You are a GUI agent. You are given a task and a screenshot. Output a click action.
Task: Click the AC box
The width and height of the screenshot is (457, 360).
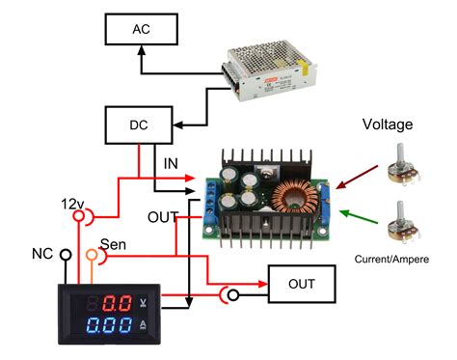point(140,31)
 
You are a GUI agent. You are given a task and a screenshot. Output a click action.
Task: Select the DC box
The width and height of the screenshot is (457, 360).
point(139,125)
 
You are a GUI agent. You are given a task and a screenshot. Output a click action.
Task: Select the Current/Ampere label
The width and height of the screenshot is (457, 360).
point(394,258)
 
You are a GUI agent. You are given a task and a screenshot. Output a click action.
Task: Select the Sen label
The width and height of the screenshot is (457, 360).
point(113,245)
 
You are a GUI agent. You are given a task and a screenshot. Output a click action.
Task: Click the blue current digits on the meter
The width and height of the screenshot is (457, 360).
point(108,326)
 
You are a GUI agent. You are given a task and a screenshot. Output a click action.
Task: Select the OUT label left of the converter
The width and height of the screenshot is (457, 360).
point(161,216)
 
